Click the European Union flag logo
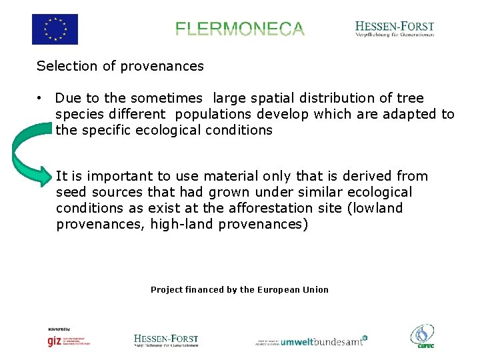[x=55, y=29]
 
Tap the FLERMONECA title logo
[x=240, y=29]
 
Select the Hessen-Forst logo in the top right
[x=395, y=29]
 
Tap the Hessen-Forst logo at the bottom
[x=166, y=340]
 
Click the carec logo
[x=422, y=336]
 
